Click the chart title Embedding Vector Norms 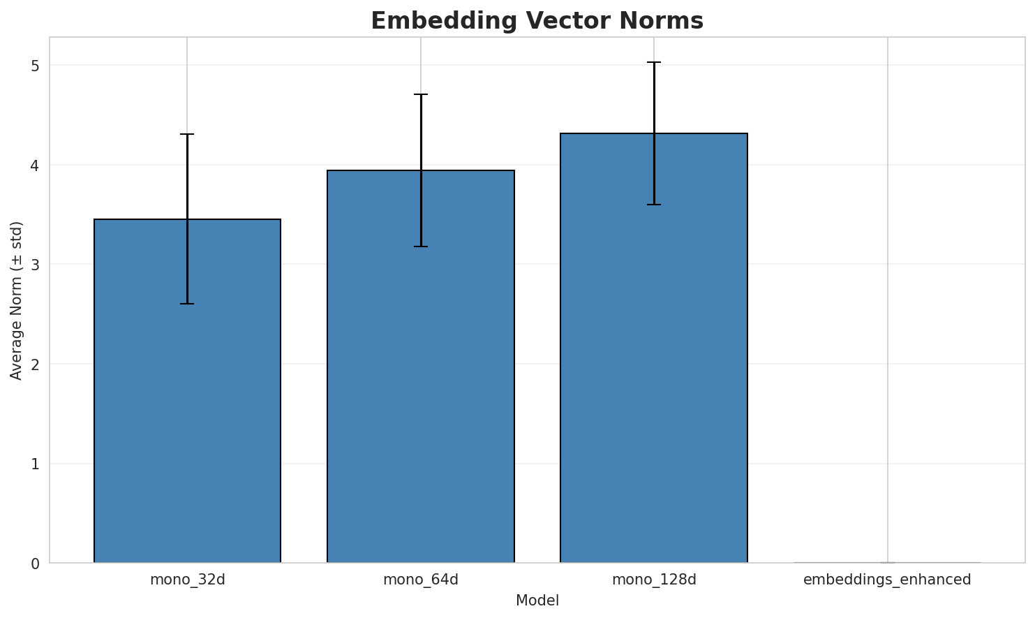537,21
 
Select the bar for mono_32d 187,391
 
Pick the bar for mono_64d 421,367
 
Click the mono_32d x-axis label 187,580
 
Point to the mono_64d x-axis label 421,580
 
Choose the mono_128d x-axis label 654,580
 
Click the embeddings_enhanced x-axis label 887,580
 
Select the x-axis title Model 537,601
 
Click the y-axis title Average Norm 17,300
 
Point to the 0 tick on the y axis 34,563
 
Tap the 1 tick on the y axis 34,464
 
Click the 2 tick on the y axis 34,364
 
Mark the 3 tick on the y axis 34,265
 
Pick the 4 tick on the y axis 34,165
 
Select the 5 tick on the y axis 34,66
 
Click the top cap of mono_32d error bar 187,134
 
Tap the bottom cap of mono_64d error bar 421,247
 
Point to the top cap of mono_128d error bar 654,62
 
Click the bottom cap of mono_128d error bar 654,205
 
